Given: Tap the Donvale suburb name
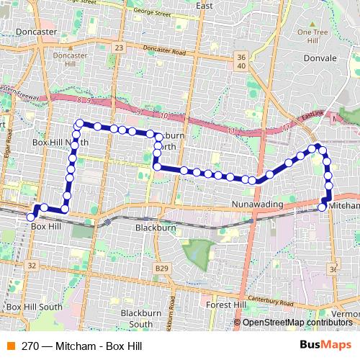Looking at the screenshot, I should (x=320, y=58).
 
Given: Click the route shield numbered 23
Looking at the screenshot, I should (x=119, y=47).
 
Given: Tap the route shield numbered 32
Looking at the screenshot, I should (x=31, y=266).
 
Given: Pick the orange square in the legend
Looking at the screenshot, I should (x=11, y=346).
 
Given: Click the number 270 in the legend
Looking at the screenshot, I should (x=30, y=346).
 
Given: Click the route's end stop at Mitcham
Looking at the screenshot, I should (x=322, y=207).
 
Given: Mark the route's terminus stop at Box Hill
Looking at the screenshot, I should (x=30, y=216).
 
